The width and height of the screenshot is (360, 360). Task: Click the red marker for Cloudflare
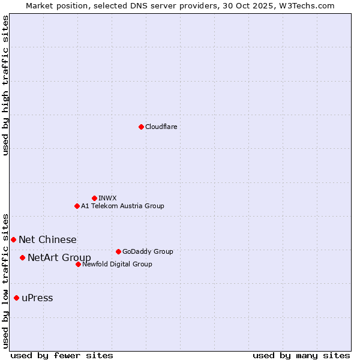point(141,127)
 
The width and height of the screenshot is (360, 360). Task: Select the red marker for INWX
point(94,198)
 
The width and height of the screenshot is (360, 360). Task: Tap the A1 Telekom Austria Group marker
point(77,206)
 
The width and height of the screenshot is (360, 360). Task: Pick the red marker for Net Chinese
point(13,239)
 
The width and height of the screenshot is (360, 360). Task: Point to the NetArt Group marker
point(22,257)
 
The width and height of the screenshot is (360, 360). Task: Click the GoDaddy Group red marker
point(118,251)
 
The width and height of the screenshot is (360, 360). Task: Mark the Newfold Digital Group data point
point(78,264)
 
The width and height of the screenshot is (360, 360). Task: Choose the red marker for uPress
point(16,298)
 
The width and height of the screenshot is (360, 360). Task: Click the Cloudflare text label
point(161,127)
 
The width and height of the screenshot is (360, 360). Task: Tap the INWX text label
point(108,198)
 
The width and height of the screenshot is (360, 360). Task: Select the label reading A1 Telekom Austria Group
point(122,206)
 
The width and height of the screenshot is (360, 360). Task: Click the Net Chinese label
point(47,239)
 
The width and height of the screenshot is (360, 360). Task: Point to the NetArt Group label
point(59,258)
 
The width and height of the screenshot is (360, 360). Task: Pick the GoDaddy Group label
point(148,251)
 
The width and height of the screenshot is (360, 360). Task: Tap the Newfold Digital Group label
point(117,264)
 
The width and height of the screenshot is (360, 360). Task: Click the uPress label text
point(37,298)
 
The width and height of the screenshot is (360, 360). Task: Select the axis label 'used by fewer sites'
point(62,355)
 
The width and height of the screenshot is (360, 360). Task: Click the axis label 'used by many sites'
point(301,355)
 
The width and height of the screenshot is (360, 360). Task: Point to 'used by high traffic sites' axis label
point(5,85)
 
